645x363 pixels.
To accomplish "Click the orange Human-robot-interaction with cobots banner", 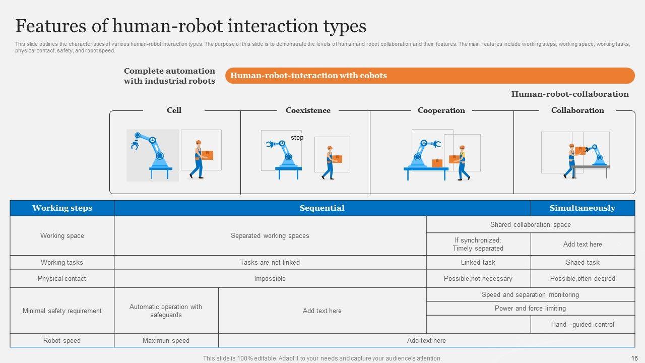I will click(x=429, y=76).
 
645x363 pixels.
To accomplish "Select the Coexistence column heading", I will click(x=308, y=110).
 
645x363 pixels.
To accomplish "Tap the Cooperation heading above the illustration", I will click(x=441, y=110).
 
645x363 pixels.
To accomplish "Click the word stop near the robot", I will click(x=297, y=138).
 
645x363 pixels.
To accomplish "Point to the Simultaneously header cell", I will click(x=582, y=208).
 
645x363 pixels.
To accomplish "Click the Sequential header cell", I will click(x=322, y=208).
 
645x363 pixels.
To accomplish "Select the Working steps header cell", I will click(x=62, y=208).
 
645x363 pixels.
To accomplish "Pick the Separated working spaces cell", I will click(x=270, y=236).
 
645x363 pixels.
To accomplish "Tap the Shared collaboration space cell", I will click(x=530, y=225).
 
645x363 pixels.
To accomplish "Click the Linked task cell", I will click(x=478, y=263).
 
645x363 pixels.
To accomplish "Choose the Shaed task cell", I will click(x=583, y=263).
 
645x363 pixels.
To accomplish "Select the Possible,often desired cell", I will click(x=583, y=279).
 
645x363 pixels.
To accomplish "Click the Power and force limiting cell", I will click(x=530, y=309).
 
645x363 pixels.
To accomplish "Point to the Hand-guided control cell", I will click(x=583, y=325).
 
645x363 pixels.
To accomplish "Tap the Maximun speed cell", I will click(x=166, y=341).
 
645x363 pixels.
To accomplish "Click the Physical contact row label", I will click(x=62, y=279).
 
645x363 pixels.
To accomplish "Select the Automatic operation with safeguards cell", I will click(x=166, y=311).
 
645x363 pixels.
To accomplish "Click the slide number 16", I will click(x=634, y=358).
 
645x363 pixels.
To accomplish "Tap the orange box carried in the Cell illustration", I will click(x=207, y=155).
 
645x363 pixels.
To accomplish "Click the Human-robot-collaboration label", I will click(x=569, y=94).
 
